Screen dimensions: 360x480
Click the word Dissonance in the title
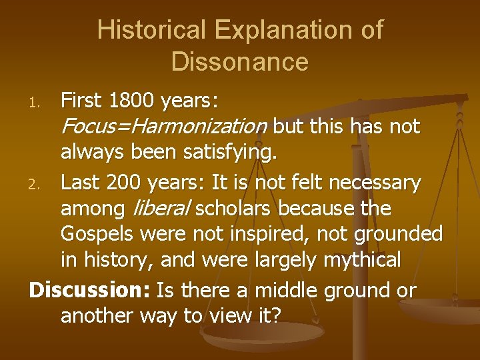tap(240, 61)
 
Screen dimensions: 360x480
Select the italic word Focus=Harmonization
tap(164, 127)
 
